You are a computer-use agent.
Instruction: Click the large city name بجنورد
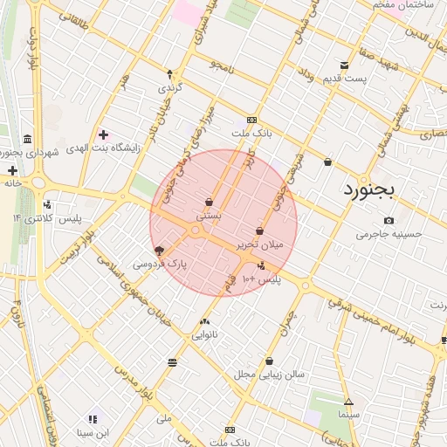tap(368, 188)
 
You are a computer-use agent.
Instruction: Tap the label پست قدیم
tap(343, 79)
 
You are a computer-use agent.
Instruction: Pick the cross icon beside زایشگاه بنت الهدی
tap(104, 134)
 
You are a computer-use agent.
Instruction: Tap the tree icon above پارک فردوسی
tap(159, 249)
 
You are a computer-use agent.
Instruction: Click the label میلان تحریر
tap(260, 245)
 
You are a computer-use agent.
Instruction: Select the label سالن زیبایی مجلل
tap(269, 374)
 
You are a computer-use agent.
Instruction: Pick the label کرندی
tap(168, 88)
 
